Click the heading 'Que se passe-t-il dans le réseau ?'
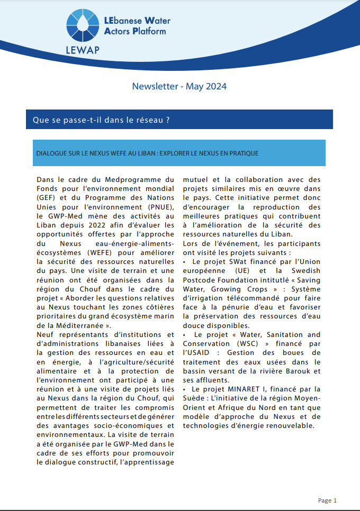[x=101, y=120]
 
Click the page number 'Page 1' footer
[x=327, y=500]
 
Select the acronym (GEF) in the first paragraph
[x=47, y=197]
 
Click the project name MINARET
[x=235, y=390]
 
